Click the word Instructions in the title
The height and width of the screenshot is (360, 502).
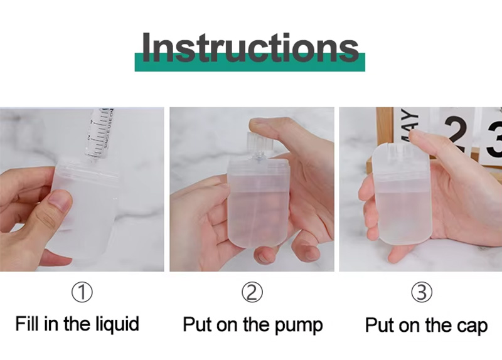[x=250, y=48]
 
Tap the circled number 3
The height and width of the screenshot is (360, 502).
[x=422, y=292]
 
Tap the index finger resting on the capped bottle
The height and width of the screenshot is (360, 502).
[x=433, y=141]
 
